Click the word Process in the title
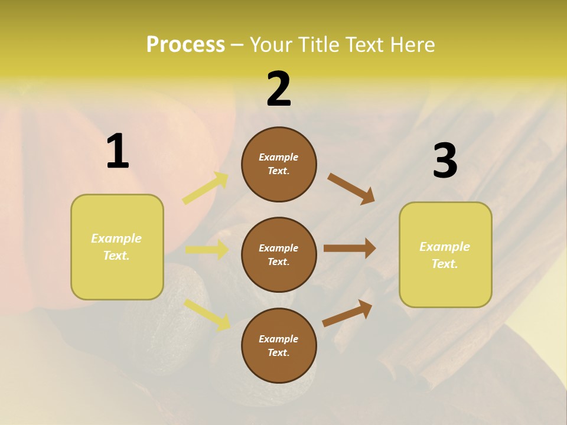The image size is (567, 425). click(185, 45)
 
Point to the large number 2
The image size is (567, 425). click(279, 89)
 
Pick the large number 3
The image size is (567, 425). click(445, 161)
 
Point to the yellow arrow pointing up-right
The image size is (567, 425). click(206, 188)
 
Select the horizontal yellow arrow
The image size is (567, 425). click(207, 250)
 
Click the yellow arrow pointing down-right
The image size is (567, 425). click(207, 314)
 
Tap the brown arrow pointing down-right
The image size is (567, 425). click(351, 188)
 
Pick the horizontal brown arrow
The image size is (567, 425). click(350, 248)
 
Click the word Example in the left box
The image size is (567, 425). click(116, 238)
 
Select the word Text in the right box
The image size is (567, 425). click(444, 264)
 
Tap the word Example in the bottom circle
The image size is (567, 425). click(279, 339)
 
